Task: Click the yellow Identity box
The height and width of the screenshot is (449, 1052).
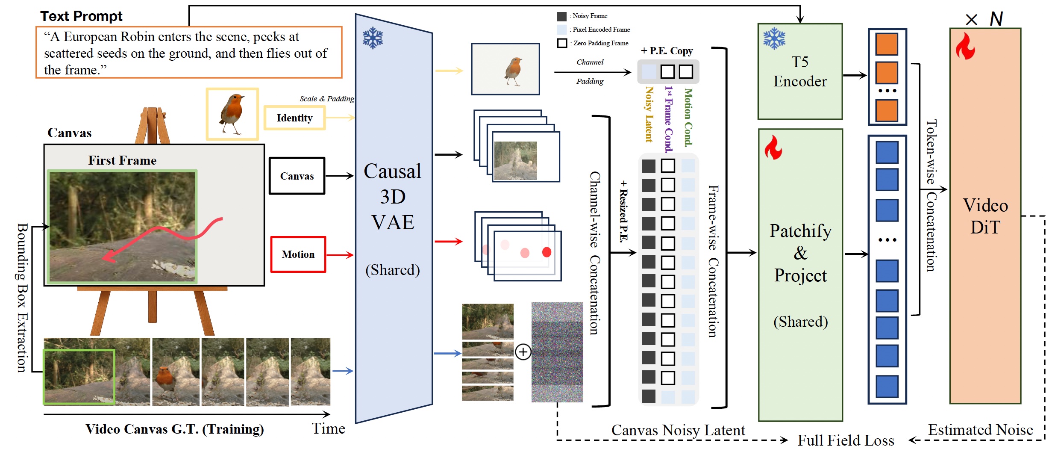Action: (x=294, y=118)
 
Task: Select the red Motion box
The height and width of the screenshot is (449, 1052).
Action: (x=298, y=254)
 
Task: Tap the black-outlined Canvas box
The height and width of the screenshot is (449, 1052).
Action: (x=297, y=176)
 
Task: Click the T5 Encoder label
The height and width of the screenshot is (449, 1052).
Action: (x=800, y=72)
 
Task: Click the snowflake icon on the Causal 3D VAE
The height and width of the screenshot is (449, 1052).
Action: (x=373, y=38)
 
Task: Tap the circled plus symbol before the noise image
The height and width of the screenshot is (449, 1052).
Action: (x=523, y=352)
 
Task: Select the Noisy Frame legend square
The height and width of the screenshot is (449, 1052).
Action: (x=562, y=16)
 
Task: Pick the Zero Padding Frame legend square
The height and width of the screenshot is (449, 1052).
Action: (x=562, y=43)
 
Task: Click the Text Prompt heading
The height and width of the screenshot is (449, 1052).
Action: (x=81, y=16)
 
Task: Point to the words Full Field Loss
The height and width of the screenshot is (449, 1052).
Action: (x=846, y=440)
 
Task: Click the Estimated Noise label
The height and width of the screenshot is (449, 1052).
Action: (x=980, y=430)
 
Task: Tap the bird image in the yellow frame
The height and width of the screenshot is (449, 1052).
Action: (x=232, y=114)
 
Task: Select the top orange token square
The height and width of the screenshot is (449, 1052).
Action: (x=887, y=44)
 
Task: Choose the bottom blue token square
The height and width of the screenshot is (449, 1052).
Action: (x=887, y=386)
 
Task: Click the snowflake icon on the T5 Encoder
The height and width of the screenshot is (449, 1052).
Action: (x=774, y=39)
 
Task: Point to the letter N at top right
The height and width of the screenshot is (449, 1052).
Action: (x=996, y=19)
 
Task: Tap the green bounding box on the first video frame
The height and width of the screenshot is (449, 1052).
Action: (x=79, y=376)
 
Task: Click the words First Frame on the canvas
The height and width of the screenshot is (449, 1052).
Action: (x=122, y=160)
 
